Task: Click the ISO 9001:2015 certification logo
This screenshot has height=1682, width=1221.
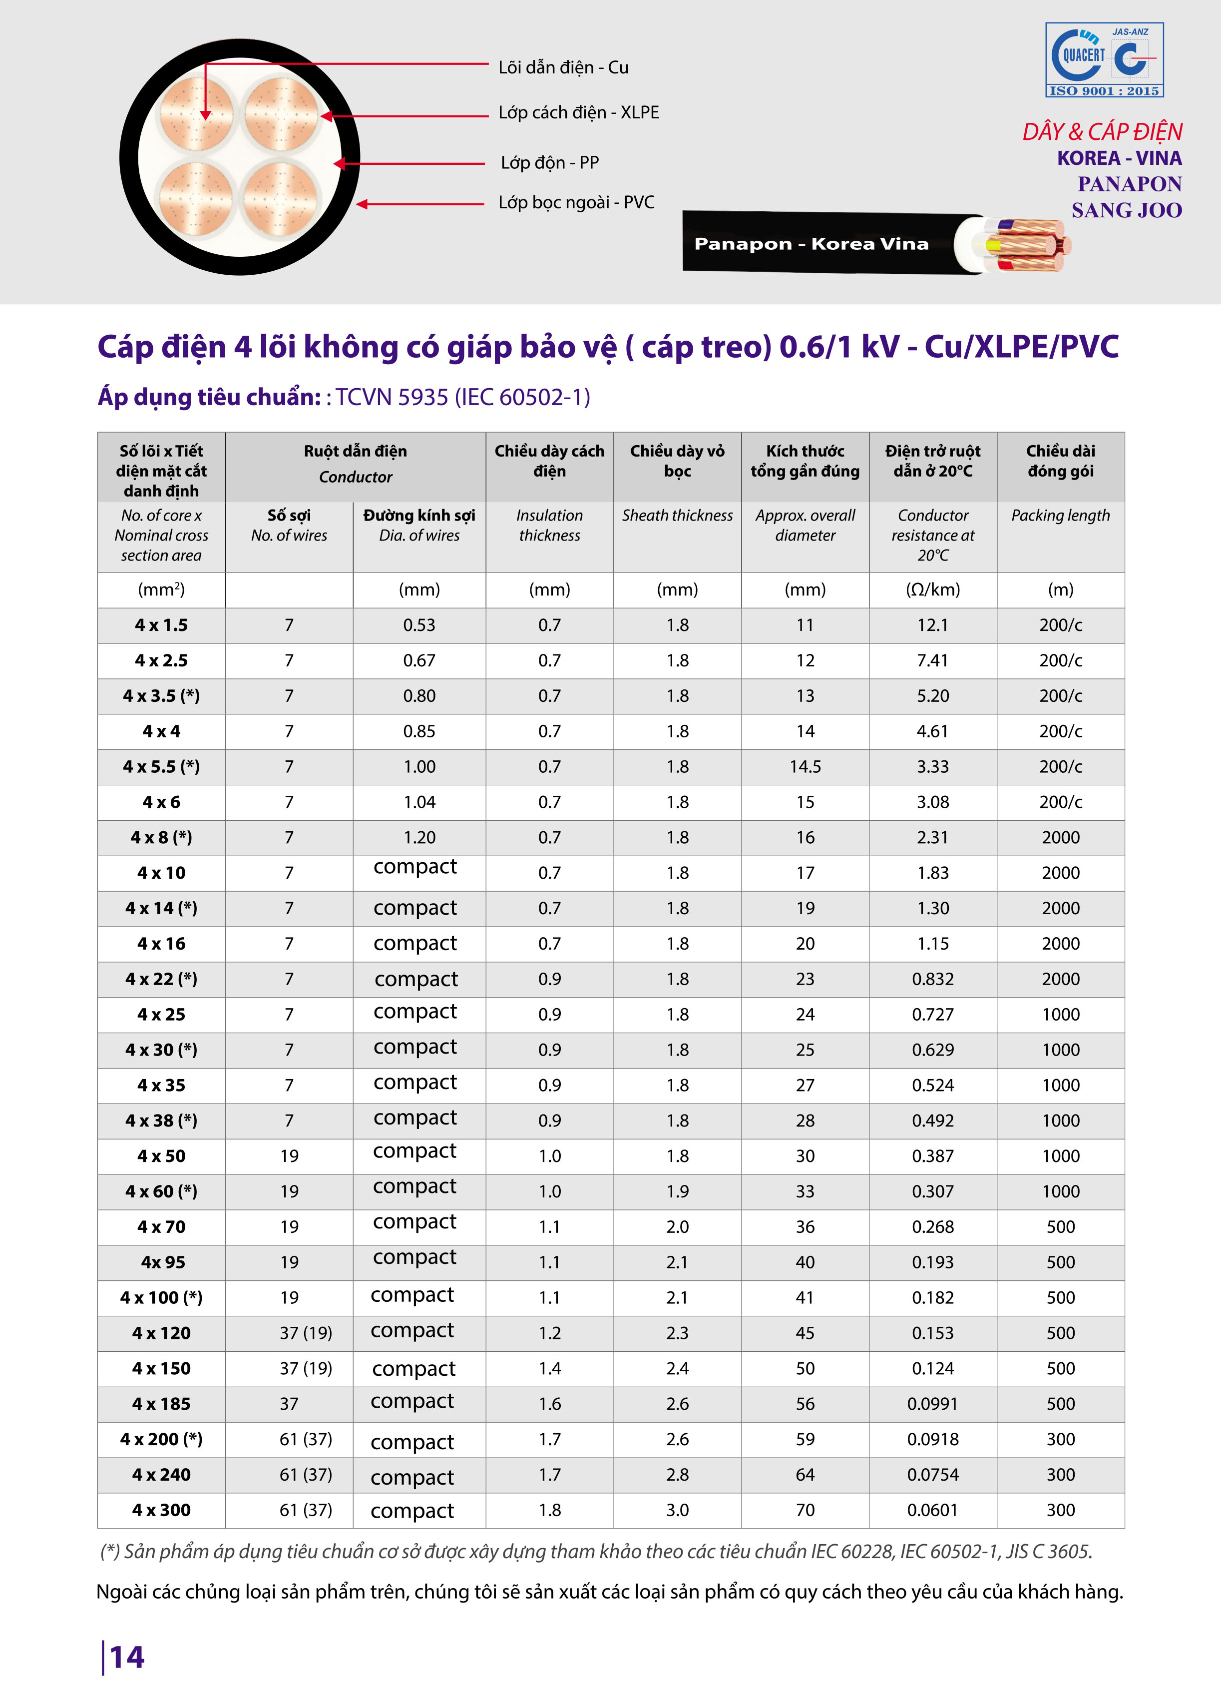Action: tap(1104, 60)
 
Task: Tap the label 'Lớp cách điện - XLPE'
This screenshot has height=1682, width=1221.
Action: tap(578, 113)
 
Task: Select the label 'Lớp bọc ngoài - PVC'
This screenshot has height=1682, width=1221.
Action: tap(576, 202)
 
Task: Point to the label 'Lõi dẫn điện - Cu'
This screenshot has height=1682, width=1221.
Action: tap(563, 67)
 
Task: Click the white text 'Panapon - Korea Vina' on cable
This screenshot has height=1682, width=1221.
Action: tap(811, 244)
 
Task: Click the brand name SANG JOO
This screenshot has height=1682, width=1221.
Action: tap(1126, 211)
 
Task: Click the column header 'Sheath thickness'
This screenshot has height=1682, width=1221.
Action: tap(677, 516)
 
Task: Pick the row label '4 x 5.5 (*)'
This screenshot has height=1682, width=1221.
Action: tap(161, 767)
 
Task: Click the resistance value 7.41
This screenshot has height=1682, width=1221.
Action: tap(933, 661)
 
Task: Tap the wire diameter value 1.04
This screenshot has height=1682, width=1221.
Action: tap(419, 802)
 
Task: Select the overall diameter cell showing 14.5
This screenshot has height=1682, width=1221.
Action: tap(805, 767)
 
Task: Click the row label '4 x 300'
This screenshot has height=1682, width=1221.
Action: tap(161, 1510)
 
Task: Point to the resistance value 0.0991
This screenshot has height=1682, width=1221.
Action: tap(933, 1404)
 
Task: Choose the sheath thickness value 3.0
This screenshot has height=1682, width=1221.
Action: tap(677, 1510)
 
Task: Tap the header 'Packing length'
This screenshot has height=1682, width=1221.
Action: tap(1060, 516)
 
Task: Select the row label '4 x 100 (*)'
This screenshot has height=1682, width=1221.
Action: tap(161, 1298)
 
